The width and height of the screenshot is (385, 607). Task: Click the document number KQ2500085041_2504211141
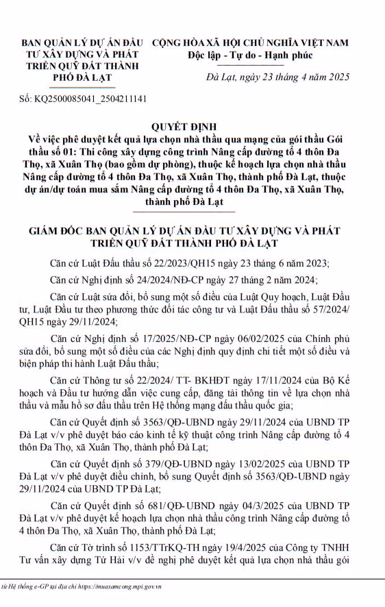pos(90,99)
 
